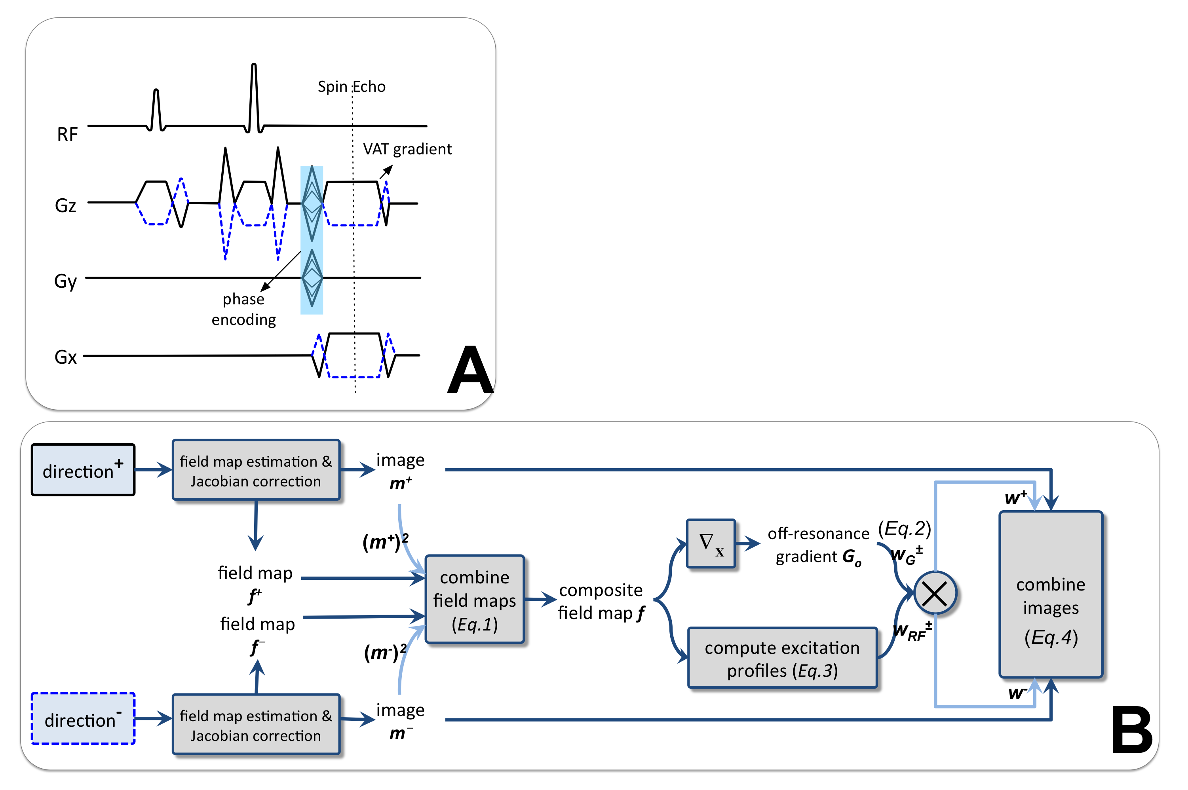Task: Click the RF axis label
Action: [67, 135]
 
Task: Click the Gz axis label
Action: [65, 205]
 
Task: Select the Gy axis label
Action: [65, 281]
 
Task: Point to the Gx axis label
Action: [65, 357]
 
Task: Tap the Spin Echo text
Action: [351, 87]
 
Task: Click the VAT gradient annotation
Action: [407, 149]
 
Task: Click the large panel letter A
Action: [469, 370]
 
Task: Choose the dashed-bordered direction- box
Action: [83, 718]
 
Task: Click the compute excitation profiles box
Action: [782, 658]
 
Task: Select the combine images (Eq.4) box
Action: [1051, 594]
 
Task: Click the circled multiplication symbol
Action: [935, 593]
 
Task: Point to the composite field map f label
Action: [601, 601]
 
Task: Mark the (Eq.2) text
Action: [904, 528]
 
